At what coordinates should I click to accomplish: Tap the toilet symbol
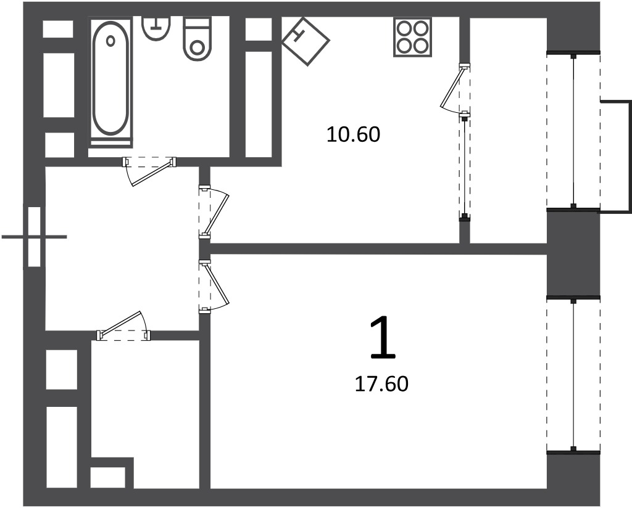point(197,39)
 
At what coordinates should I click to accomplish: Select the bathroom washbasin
point(156,28)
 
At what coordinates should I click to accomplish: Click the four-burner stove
point(412,37)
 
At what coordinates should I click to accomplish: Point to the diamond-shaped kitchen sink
point(306,41)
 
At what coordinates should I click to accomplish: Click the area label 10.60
point(354,134)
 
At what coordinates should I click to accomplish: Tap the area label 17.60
point(381,384)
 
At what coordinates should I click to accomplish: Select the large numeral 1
point(383,337)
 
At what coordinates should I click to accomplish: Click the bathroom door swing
point(150,171)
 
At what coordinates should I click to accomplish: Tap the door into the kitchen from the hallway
point(214,213)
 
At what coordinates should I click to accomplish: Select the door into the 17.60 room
point(214,286)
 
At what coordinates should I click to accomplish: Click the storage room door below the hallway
point(123,327)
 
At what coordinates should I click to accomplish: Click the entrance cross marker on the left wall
point(35,237)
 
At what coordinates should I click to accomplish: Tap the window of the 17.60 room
point(573,375)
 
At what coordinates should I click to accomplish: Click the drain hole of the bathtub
point(111,41)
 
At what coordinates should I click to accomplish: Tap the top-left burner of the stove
point(404,29)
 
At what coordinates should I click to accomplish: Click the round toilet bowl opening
point(197,47)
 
